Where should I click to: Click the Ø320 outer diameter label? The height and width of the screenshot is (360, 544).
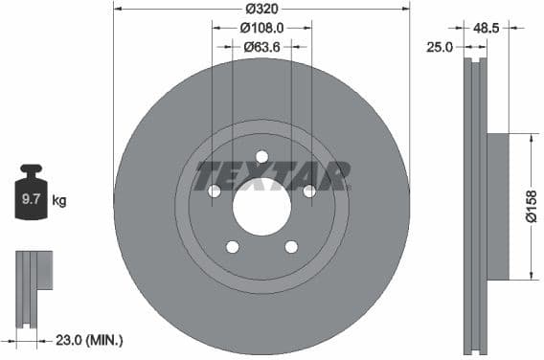[261, 8]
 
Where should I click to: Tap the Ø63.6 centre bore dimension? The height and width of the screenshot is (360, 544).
[261, 46]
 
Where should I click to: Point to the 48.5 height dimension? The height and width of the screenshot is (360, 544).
[487, 28]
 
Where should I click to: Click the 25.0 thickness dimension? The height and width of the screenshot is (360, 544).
[441, 45]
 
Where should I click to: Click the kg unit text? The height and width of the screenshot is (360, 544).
[59, 200]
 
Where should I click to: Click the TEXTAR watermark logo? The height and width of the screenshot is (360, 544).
[272, 176]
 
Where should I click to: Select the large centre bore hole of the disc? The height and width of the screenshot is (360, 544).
[261, 206]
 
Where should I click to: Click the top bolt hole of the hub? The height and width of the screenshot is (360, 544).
[261, 157]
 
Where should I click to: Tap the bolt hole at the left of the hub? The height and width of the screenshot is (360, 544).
[215, 191]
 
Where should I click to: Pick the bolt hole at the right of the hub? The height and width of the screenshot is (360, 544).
[308, 191]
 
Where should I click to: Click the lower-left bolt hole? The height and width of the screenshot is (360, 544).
[233, 247]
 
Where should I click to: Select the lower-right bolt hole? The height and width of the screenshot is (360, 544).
[290, 247]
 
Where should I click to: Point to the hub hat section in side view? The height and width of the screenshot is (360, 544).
[497, 206]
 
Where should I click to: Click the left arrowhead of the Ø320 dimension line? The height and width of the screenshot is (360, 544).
[117, 8]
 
